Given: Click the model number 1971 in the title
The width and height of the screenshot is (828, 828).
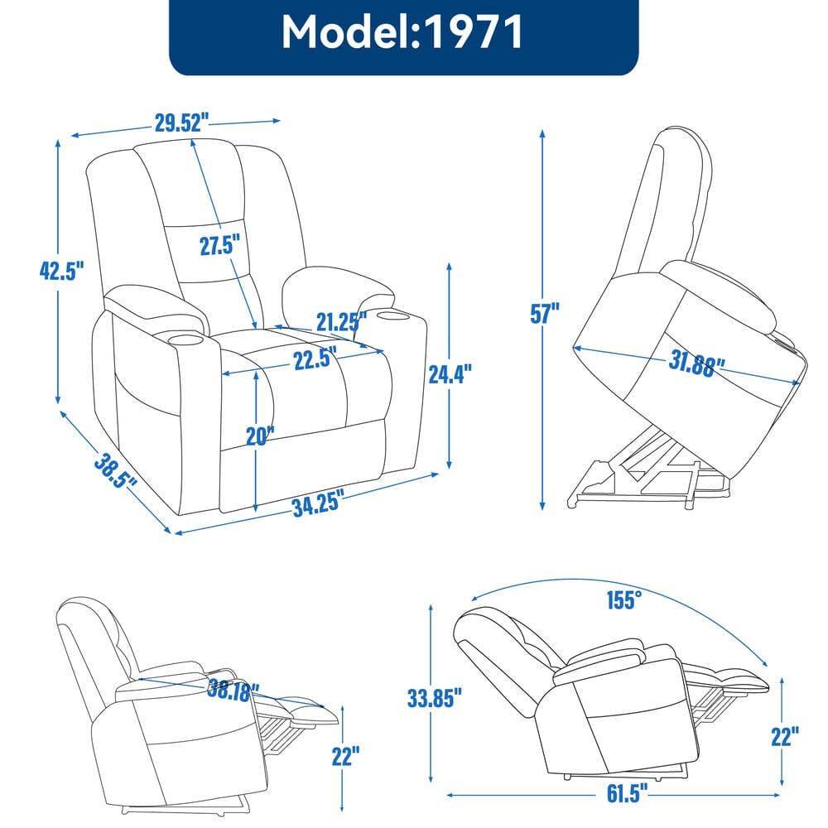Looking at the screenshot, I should [x=474, y=32].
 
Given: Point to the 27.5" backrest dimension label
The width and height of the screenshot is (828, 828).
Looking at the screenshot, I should [x=219, y=246].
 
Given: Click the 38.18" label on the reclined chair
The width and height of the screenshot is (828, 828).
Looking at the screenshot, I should [x=233, y=687].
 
